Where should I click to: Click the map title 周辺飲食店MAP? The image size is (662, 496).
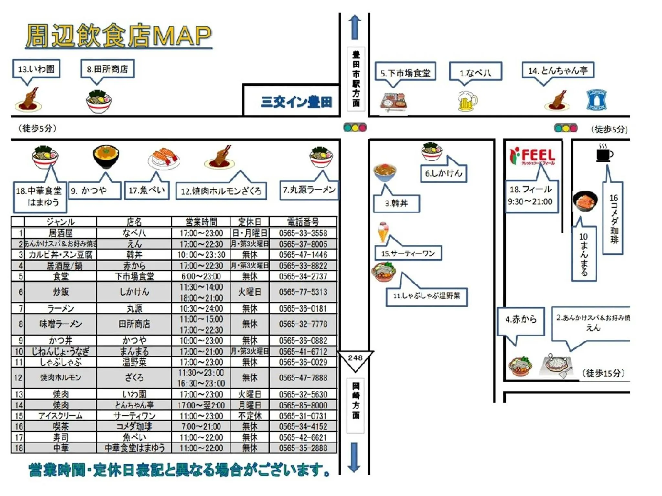119,36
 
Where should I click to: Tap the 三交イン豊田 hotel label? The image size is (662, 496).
296,102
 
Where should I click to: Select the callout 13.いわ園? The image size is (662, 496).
36,69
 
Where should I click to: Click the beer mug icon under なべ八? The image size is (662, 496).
467,101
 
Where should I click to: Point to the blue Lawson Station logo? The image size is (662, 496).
596,100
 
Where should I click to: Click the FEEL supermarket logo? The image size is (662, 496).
532,156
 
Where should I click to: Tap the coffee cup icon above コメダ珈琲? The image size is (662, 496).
604,153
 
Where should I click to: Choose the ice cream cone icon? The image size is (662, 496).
383,231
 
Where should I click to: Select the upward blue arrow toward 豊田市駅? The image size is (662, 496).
355,27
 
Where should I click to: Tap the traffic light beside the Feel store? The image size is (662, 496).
566,128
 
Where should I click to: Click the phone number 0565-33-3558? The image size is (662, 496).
303,233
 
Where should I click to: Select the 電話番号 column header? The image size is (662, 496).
303,222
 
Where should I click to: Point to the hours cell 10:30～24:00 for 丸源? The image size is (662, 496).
201,309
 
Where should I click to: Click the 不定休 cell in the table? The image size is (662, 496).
250,416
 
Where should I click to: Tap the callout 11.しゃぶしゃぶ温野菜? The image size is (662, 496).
427,296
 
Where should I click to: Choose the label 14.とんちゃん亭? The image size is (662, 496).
558,70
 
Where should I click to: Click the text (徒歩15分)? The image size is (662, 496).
603,374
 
